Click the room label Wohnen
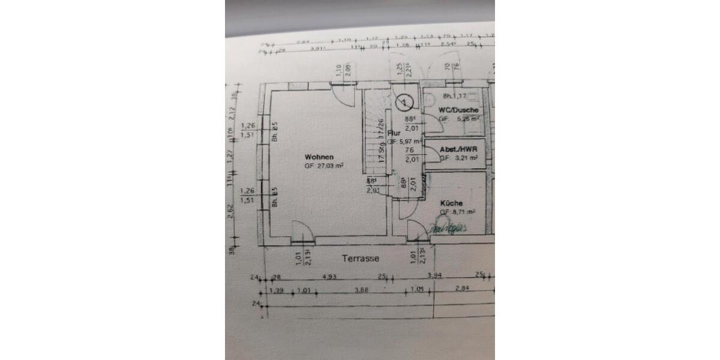point(319,157)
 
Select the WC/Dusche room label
point(458,110)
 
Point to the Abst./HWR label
point(459,149)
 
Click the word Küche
point(451,203)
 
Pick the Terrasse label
point(360,259)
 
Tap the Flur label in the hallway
point(394,133)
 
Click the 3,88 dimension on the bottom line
point(361,290)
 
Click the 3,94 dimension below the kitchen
point(434,276)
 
